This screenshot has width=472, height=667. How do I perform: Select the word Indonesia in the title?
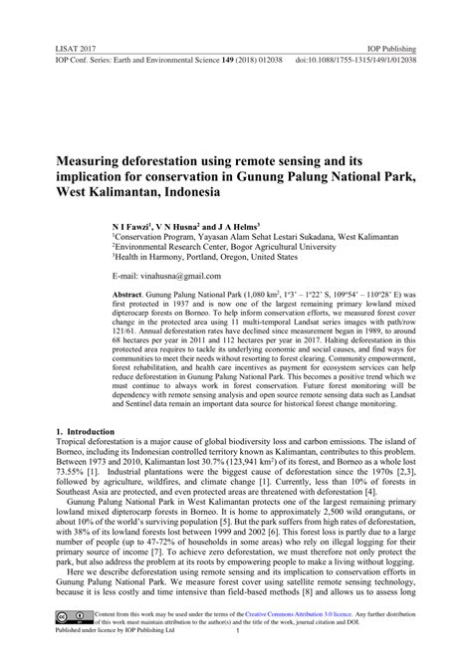pos(221,188)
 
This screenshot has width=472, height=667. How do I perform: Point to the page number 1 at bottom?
pos(236,659)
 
